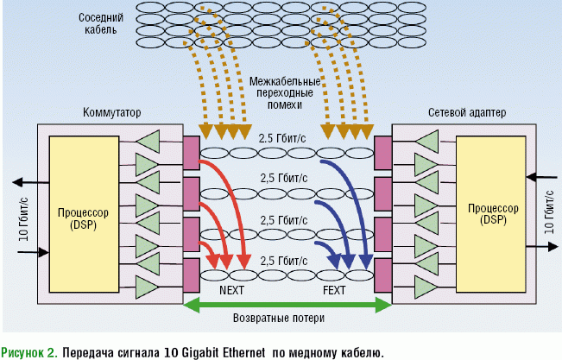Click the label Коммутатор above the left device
111,112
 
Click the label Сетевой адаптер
467,112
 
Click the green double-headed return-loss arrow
287,304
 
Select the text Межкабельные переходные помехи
285,92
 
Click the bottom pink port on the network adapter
382,275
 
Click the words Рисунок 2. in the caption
29,351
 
